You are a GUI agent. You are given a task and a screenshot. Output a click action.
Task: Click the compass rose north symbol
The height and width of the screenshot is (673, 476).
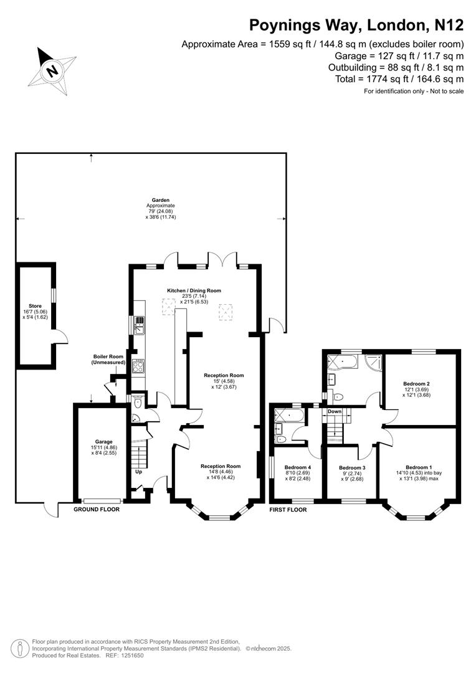(x=52, y=69)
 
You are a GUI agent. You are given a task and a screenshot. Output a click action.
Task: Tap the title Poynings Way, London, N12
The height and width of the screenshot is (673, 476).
(x=356, y=26)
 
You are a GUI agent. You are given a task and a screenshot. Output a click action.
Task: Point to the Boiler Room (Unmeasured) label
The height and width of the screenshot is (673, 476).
(x=109, y=360)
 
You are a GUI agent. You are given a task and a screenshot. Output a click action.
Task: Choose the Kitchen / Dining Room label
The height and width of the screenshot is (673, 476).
(x=194, y=290)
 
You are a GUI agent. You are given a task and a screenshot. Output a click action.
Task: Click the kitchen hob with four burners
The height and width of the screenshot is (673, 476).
(x=139, y=365)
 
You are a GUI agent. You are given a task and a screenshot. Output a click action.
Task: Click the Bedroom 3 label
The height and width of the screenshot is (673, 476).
(x=352, y=467)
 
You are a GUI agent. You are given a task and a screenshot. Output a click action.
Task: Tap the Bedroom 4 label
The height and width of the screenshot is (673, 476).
(x=297, y=467)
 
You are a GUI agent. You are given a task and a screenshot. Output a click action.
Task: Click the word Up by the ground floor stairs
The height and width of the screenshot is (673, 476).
(x=138, y=472)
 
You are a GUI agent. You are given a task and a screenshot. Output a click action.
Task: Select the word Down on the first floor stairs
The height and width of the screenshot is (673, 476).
(x=335, y=411)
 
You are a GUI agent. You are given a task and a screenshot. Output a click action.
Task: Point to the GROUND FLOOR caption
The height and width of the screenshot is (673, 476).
(x=97, y=509)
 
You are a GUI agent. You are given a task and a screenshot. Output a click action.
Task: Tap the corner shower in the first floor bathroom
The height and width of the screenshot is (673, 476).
(x=373, y=362)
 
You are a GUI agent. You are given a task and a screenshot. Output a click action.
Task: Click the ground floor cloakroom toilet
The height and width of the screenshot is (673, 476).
(x=137, y=403)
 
